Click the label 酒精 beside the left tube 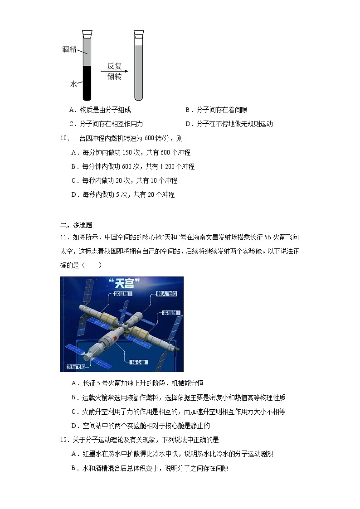tap(69, 49)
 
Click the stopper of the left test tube tap(87, 34)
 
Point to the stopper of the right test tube tap(139, 34)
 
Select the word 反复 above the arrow tap(114, 65)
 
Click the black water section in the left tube tap(87, 82)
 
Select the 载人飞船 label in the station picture tap(166, 294)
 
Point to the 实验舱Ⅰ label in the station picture tap(172, 313)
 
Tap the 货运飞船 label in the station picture tap(74, 367)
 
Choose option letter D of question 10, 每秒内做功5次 tap(74, 194)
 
